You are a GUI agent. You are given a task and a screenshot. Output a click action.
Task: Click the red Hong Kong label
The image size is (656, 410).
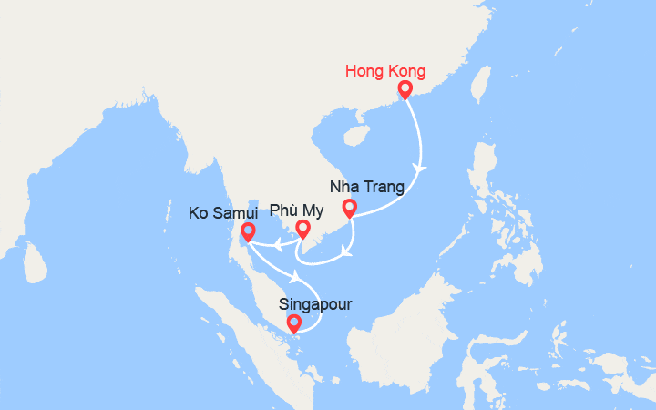point(386,71)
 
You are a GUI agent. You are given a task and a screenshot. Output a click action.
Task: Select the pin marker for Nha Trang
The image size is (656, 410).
point(348,209)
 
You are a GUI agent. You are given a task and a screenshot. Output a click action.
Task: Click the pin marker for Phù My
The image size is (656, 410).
point(302,230)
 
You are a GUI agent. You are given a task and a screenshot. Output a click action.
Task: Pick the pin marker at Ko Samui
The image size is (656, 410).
point(246,232)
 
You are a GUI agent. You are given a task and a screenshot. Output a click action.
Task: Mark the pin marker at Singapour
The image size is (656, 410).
point(293,323)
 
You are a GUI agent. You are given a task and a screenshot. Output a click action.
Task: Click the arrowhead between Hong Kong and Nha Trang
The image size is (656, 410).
point(420,169)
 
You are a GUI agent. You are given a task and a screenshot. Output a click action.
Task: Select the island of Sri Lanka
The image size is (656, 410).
point(35,264)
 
